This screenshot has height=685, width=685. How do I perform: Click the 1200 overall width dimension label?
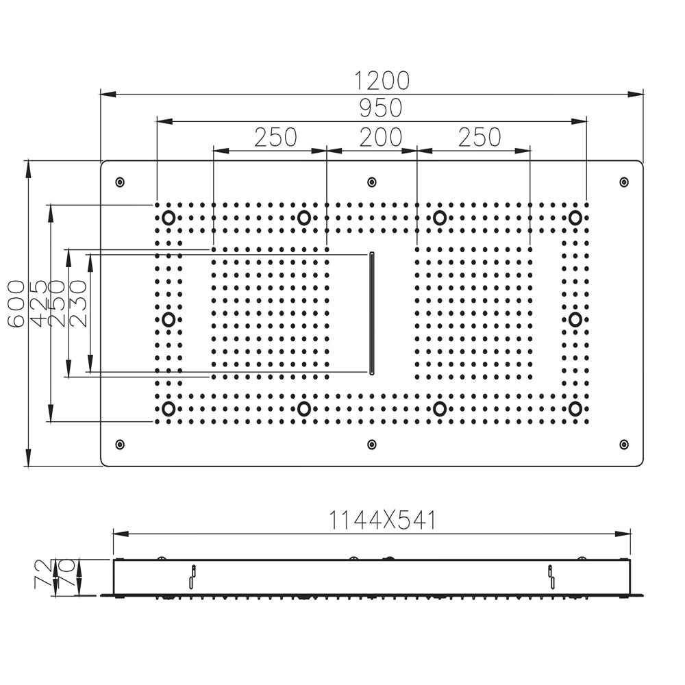tap(382, 80)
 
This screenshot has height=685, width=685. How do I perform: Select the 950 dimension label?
tap(382, 108)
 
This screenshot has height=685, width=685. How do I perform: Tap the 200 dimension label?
tap(381, 137)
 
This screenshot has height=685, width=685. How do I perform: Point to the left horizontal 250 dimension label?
tap(275, 137)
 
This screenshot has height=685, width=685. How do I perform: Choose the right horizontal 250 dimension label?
tap(480, 137)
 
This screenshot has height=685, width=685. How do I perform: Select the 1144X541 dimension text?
tap(382, 521)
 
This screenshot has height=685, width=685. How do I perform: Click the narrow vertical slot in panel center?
tap(372, 313)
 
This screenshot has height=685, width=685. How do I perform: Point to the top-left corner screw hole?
tap(121, 182)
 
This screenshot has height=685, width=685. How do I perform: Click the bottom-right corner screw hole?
tap(623, 445)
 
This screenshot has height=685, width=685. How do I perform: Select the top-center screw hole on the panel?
tap(372, 182)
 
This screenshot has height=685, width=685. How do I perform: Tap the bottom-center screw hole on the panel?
tap(372, 445)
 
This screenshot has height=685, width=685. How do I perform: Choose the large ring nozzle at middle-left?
tap(169, 319)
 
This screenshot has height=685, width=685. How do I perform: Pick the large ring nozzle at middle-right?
tap(575, 319)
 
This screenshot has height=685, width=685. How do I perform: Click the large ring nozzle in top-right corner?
tap(575, 218)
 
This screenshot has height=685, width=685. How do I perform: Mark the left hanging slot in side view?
tap(192, 576)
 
